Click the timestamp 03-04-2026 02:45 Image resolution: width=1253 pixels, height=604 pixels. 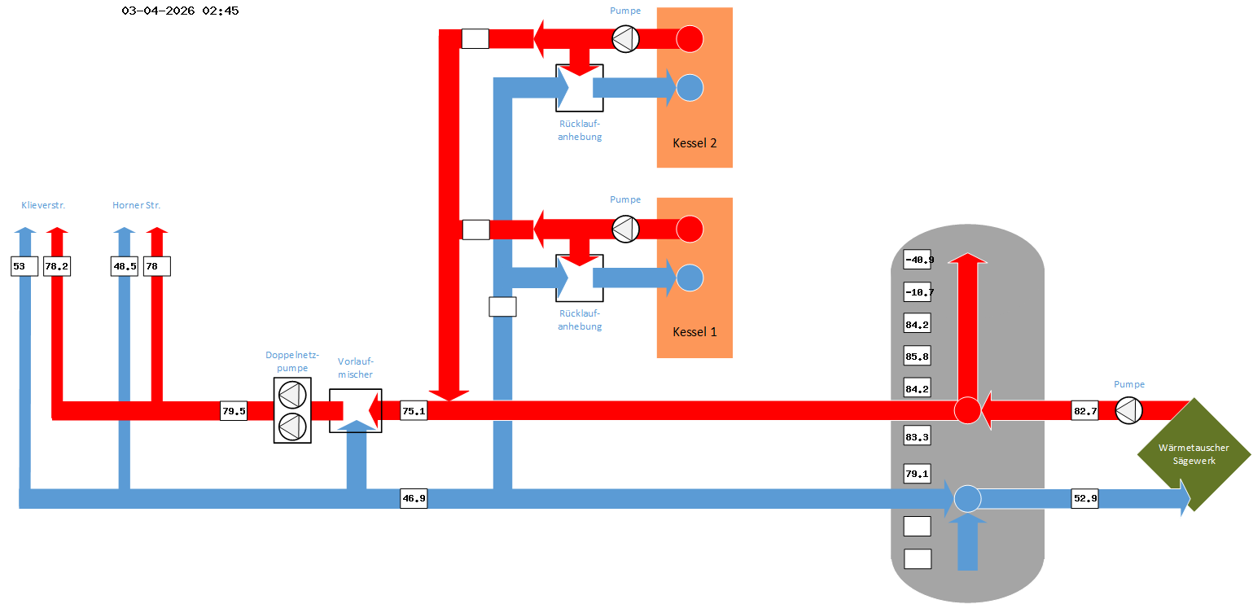click(180, 11)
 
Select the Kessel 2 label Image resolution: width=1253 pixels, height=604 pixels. click(694, 143)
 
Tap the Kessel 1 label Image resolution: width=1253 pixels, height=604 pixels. click(694, 332)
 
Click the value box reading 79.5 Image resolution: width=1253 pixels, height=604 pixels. click(234, 411)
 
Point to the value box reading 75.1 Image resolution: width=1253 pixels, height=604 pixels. click(414, 411)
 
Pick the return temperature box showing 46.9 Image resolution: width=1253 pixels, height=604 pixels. click(414, 498)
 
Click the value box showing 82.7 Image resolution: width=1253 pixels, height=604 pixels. click(1084, 411)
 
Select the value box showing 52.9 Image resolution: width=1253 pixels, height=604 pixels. click(1084, 498)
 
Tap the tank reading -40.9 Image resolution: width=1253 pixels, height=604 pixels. click(918, 260)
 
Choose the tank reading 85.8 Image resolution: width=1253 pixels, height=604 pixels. click(918, 357)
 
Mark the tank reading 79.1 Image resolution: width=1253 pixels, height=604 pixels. click(918, 473)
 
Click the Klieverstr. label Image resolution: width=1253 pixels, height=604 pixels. click(43, 205)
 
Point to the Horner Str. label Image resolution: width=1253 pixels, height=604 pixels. click(137, 205)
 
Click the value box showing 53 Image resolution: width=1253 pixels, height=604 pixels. click(24, 266)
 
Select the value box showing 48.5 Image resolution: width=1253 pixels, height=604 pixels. click(124, 266)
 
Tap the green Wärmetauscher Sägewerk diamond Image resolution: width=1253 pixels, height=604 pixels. click(1194, 454)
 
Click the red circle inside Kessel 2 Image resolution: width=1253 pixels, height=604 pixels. click(690, 38)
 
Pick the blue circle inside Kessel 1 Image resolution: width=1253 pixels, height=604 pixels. click(690, 278)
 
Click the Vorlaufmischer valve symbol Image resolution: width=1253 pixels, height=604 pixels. click(355, 410)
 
